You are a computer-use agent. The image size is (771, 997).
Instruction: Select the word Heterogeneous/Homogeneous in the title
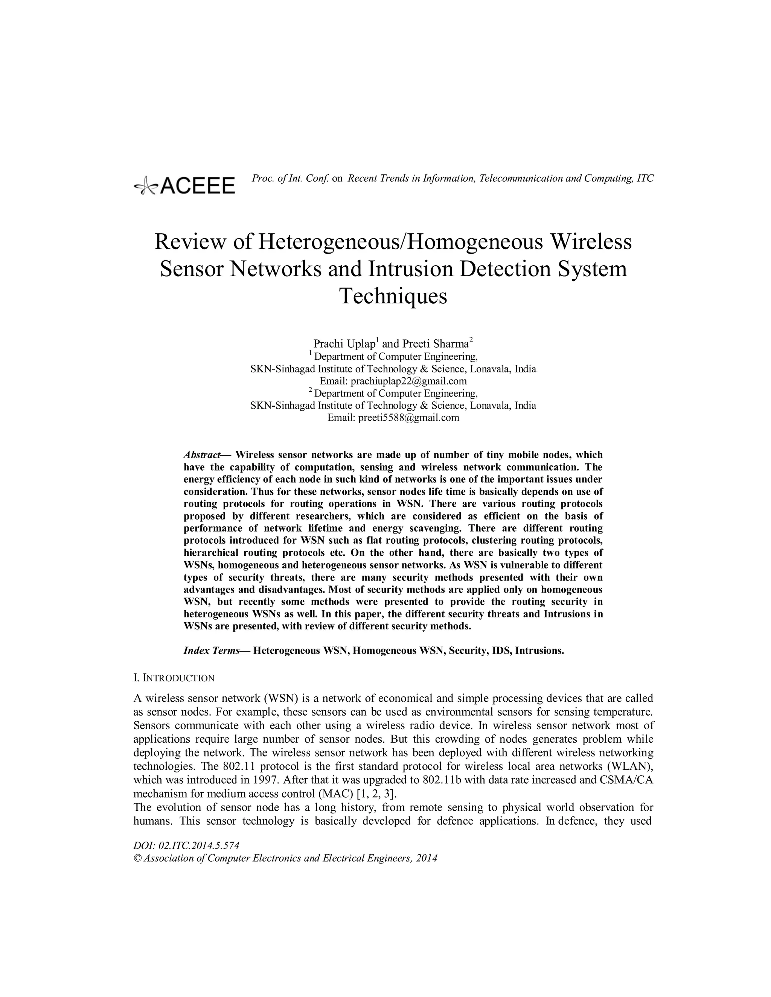tap(401, 242)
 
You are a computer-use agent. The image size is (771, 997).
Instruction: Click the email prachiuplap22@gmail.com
tap(408, 381)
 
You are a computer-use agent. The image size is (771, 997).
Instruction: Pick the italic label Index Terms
tap(212, 650)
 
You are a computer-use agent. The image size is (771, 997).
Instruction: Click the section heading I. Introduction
tap(174, 678)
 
